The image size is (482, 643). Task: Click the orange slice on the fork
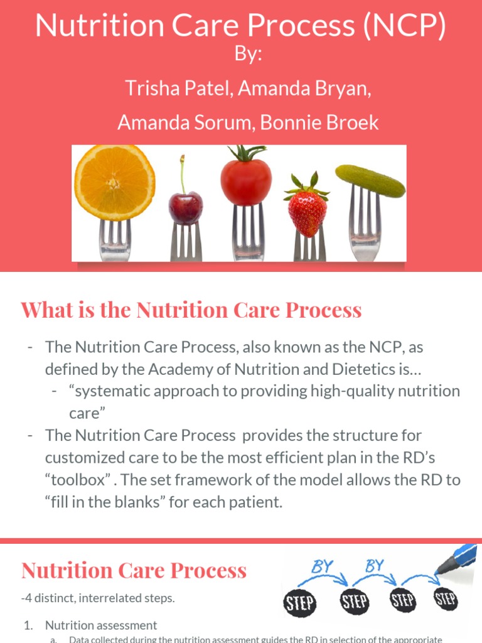coord(115,181)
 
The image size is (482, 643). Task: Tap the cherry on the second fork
coord(186,208)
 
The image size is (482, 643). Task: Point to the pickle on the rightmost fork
coord(370,180)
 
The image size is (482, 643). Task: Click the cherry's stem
coord(183,173)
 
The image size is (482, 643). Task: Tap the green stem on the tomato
coord(247,153)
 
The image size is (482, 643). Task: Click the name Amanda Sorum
coord(183,122)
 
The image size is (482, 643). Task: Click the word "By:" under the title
coord(248,55)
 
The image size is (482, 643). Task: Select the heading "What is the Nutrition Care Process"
coord(191,310)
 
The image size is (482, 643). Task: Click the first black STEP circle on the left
coord(299,603)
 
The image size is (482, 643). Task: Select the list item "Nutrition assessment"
coord(101,625)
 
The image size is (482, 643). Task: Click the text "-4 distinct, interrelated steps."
coord(98,598)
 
